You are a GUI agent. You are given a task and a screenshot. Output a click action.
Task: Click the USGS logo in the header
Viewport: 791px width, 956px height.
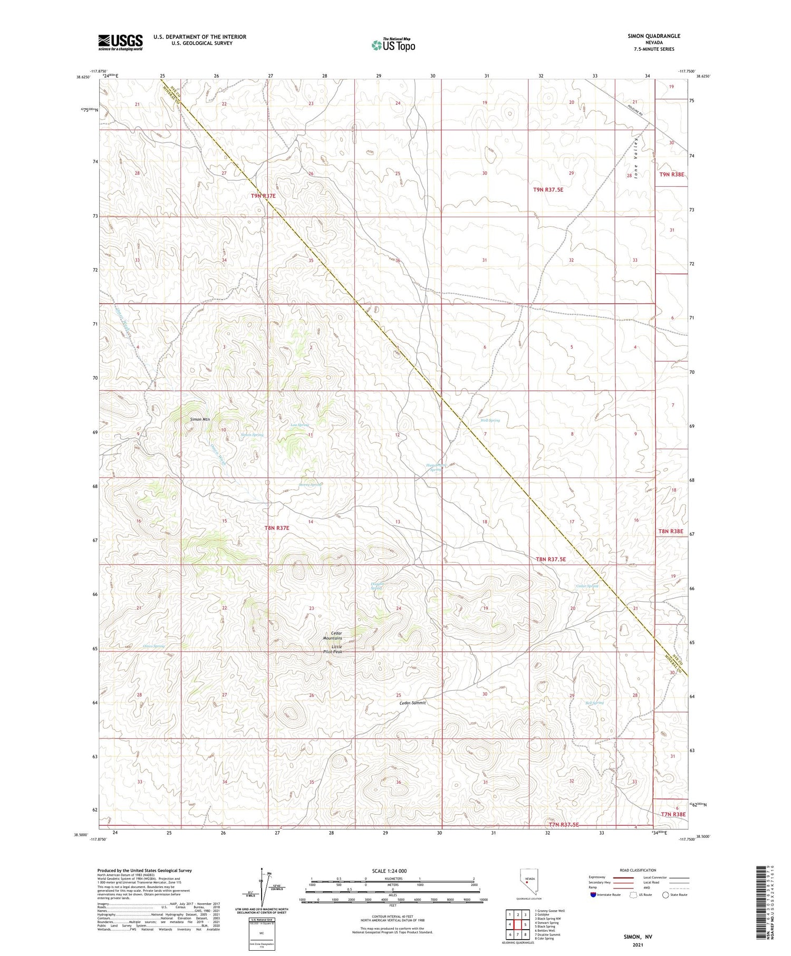[x=120, y=42]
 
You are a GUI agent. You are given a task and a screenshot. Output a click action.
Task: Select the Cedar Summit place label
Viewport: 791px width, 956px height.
[x=412, y=703]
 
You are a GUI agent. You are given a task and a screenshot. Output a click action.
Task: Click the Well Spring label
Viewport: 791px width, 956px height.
[x=490, y=420]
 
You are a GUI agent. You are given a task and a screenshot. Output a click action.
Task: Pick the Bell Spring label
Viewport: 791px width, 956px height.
[x=594, y=702]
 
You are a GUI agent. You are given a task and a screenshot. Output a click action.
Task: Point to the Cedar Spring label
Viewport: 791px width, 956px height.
[x=587, y=586]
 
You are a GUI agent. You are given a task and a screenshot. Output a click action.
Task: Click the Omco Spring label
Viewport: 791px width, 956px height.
[x=153, y=646]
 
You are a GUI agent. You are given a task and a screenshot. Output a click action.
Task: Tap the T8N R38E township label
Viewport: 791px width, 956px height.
[x=671, y=532]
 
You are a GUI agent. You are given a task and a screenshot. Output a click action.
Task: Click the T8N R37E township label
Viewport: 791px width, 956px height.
[x=277, y=527]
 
